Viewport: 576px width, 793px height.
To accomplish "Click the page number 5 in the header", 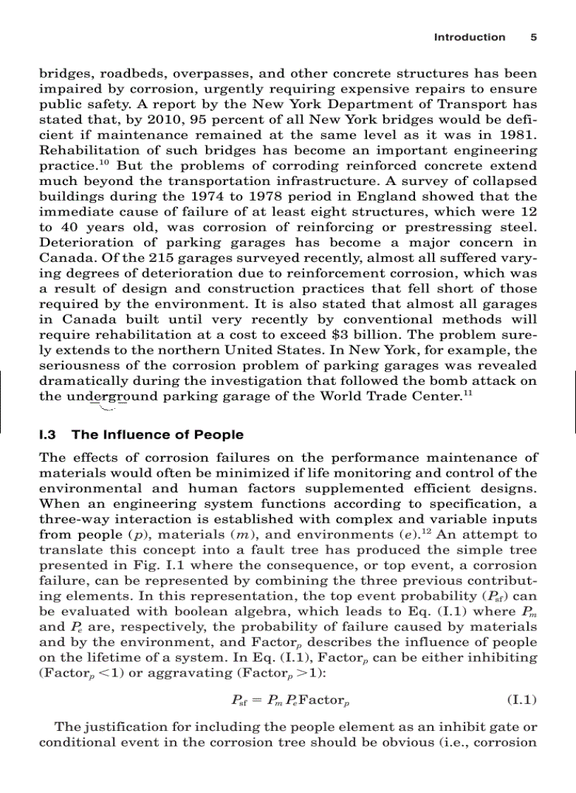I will tap(534, 37).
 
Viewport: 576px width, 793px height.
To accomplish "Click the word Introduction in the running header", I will tap(469, 37).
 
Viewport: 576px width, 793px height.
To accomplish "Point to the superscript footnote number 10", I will tap(102, 163).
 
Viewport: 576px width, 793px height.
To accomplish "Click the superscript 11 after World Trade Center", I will tap(468, 392).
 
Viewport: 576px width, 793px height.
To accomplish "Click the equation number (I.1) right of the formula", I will tap(522, 700).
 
